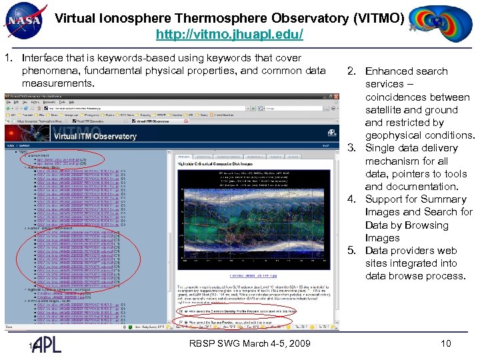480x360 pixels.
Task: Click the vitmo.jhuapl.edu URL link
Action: tap(229, 33)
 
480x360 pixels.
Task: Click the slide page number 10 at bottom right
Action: tap(446, 343)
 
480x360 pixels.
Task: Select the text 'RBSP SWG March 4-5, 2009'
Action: tap(250, 343)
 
